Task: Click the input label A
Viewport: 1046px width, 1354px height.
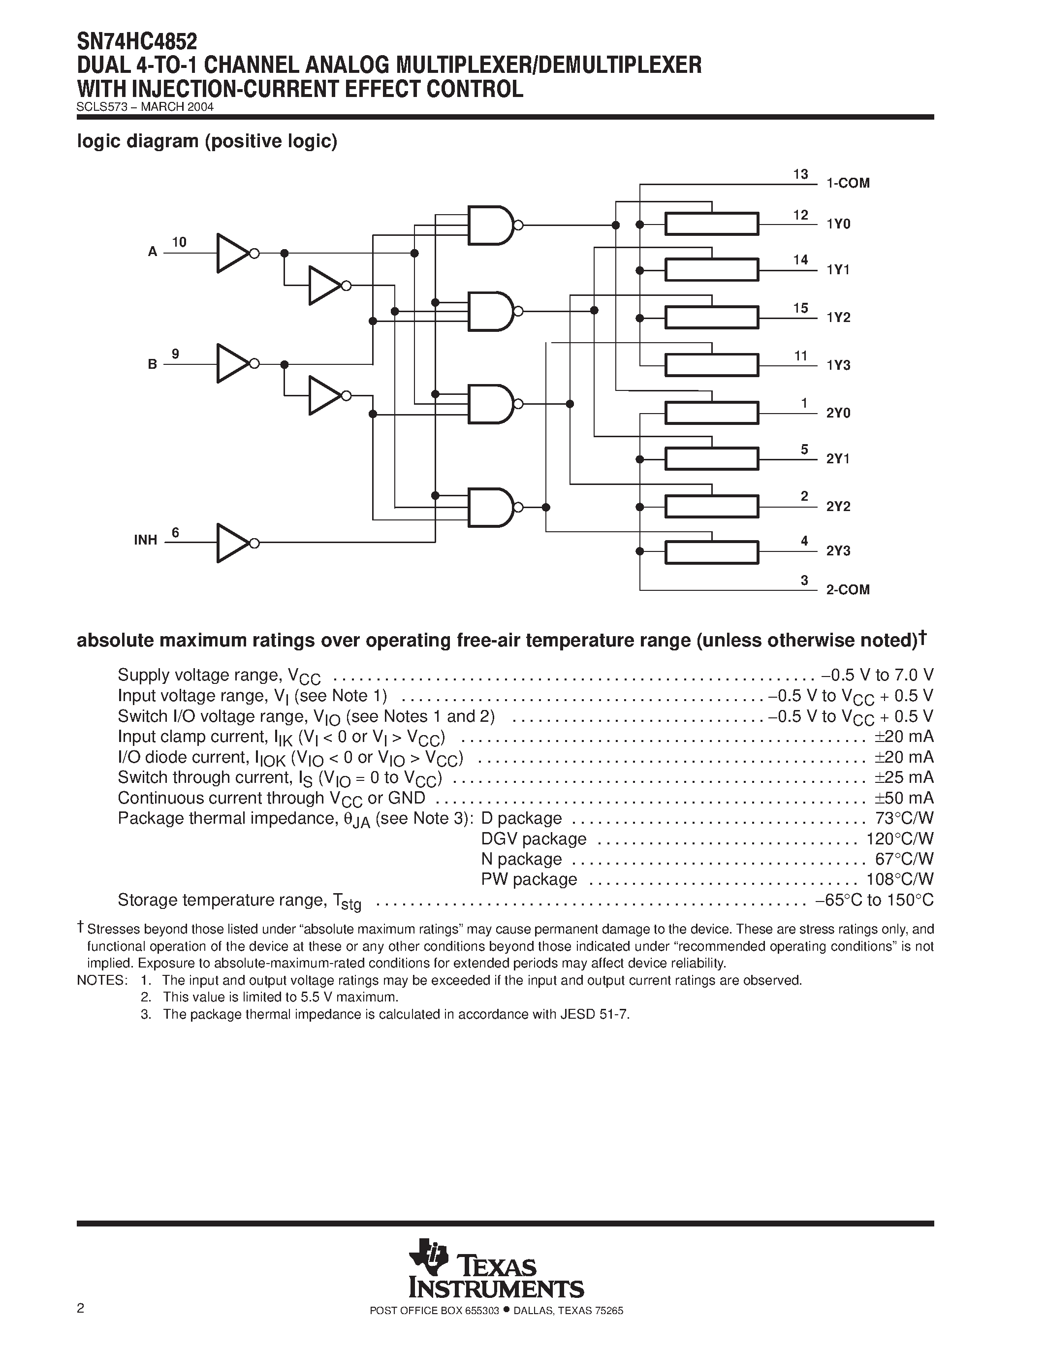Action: click(x=153, y=252)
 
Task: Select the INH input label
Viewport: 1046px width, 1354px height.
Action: click(x=146, y=540)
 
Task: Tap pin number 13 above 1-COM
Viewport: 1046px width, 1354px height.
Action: click(x=800, y=175)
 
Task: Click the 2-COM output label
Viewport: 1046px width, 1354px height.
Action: click(x=848, y=589)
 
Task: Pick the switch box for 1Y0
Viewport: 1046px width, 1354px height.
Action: click(x=711, y=224)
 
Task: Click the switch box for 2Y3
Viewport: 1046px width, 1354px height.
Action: click(x=711, y=552)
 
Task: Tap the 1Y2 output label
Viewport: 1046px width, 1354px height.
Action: click(x=838, y=318)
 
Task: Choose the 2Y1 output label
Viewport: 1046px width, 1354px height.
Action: click(x=838, y=459)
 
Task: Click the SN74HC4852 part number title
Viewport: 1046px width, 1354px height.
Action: click(x=137, y=41)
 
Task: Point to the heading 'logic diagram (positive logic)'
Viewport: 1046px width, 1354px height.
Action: click(x=207, y=141)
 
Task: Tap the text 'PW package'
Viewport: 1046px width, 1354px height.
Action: click(x=529, y=879)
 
